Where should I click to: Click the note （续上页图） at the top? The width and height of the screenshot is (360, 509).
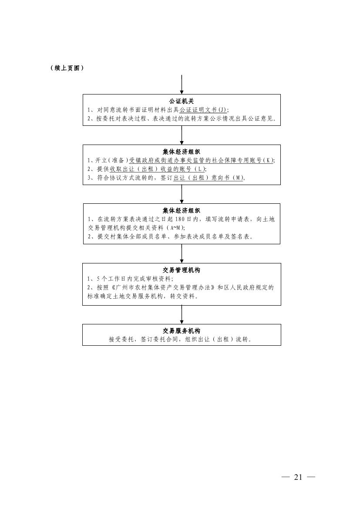67,68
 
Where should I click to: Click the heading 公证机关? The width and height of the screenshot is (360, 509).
182,101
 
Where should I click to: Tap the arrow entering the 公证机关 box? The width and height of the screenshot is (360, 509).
182,84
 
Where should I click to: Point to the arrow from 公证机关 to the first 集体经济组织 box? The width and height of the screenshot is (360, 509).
182,135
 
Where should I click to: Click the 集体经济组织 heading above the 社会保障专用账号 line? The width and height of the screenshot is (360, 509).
182,152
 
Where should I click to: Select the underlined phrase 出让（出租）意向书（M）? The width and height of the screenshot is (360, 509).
209,178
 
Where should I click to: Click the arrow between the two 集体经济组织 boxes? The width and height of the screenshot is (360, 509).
182,194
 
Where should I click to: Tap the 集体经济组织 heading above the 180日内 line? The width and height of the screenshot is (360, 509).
182,211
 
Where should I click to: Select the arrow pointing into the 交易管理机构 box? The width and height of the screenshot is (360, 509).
182,253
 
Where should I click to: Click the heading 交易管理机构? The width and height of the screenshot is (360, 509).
182,270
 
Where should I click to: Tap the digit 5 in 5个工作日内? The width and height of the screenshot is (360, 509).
98,279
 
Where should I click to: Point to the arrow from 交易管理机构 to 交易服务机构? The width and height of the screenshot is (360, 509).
182,314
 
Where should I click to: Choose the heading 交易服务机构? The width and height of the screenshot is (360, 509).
182,331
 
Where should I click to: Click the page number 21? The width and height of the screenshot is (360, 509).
298,477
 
